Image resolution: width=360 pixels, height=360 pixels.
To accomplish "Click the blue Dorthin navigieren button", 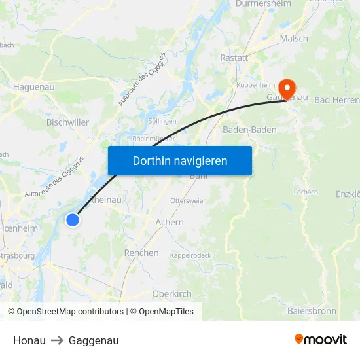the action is tap(179, 160).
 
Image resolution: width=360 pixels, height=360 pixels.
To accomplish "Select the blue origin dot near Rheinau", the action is tap(73, 221).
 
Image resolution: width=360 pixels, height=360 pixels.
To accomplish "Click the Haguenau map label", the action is tap(33, 86).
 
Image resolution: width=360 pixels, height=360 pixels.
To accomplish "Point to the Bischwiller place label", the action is tap(67, 122).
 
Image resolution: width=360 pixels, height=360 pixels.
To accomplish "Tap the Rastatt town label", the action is tap(234, 58).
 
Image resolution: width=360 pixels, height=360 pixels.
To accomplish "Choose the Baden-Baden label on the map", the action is tap(249, 130).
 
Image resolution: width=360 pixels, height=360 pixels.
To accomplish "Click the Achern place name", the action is tap(170, 223).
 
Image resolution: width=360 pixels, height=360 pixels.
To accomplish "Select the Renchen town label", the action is tap(141, 253).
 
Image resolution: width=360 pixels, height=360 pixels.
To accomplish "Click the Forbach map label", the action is tap(306, 192).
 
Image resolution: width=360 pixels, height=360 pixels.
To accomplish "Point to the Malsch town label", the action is tap(294, 39).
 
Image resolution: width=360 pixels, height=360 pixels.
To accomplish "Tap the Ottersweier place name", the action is tap(187, 200).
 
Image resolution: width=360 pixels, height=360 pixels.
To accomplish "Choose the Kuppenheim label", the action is tap(256, 85).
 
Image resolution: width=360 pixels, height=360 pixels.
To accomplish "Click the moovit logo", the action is tap(321, 340).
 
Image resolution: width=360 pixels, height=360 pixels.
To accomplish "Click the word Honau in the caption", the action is tap(29, 340).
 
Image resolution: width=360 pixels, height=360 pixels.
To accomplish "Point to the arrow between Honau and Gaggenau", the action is tap(57, 340).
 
